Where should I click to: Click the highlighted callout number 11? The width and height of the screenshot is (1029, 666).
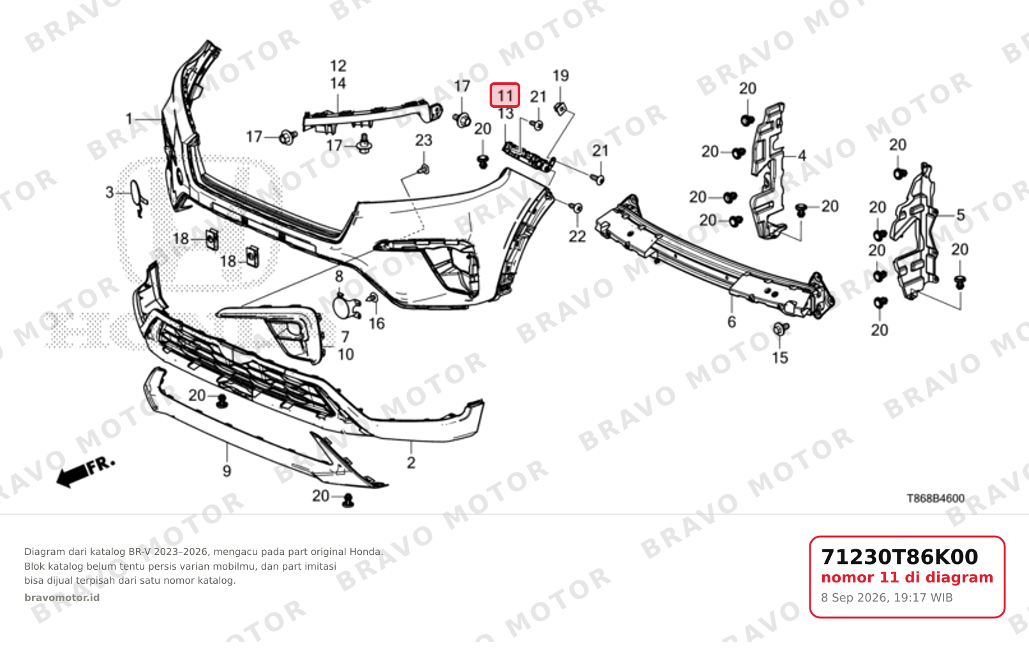point(505,96)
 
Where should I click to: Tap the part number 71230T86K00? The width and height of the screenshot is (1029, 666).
point(899,557)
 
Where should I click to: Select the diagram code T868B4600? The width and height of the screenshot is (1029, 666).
point(935,498)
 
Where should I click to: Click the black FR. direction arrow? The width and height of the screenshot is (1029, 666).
point(73,475)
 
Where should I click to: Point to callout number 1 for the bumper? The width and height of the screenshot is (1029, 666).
point(129,119)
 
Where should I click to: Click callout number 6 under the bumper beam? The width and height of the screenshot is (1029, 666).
point(732,322)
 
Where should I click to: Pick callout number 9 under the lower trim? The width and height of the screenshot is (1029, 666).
point(227,470)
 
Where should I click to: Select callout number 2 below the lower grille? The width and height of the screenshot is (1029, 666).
point(411,463)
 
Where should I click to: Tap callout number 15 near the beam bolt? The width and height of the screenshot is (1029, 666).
point(780,357)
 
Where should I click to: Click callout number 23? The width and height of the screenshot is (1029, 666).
point(424,140)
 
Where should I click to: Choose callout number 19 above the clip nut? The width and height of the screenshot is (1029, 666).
point(560,76)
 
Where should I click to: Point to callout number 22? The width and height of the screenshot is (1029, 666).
point(578,237)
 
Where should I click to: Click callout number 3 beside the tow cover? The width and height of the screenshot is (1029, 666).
point(109,192)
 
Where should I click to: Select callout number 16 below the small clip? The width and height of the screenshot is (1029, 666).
point(377,323)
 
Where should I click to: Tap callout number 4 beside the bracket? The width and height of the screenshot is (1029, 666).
point(802,156)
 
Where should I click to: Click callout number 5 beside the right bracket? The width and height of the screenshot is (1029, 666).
point(961,215)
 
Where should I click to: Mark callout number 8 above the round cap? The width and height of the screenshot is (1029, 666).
point(339,276)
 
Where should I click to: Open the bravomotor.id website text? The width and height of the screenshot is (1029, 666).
point(61,598)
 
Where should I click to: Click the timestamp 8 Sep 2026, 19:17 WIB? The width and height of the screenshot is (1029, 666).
point(887,598)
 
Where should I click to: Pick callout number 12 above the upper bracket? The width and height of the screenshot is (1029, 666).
point(338,66)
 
